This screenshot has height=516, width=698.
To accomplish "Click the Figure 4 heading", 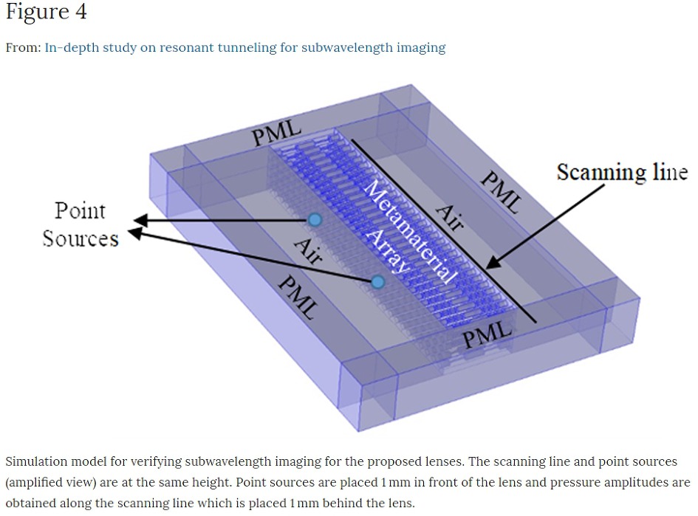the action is click(47, 12).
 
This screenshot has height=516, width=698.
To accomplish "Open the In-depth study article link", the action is click(244, 47).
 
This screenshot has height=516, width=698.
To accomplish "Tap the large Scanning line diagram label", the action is click(623, 173).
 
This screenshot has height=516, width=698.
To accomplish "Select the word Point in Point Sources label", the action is click(80, 210).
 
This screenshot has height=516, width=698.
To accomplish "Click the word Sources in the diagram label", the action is click(81, 238).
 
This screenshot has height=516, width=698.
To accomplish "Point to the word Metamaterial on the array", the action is click(411, 231).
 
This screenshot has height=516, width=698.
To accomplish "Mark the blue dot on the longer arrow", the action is click(378, 281).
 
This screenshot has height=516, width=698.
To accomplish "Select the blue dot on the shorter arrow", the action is click(315, 220).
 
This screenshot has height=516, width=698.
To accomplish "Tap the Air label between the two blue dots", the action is click(307, 251).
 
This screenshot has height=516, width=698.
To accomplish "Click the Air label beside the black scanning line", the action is click(450, 218).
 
